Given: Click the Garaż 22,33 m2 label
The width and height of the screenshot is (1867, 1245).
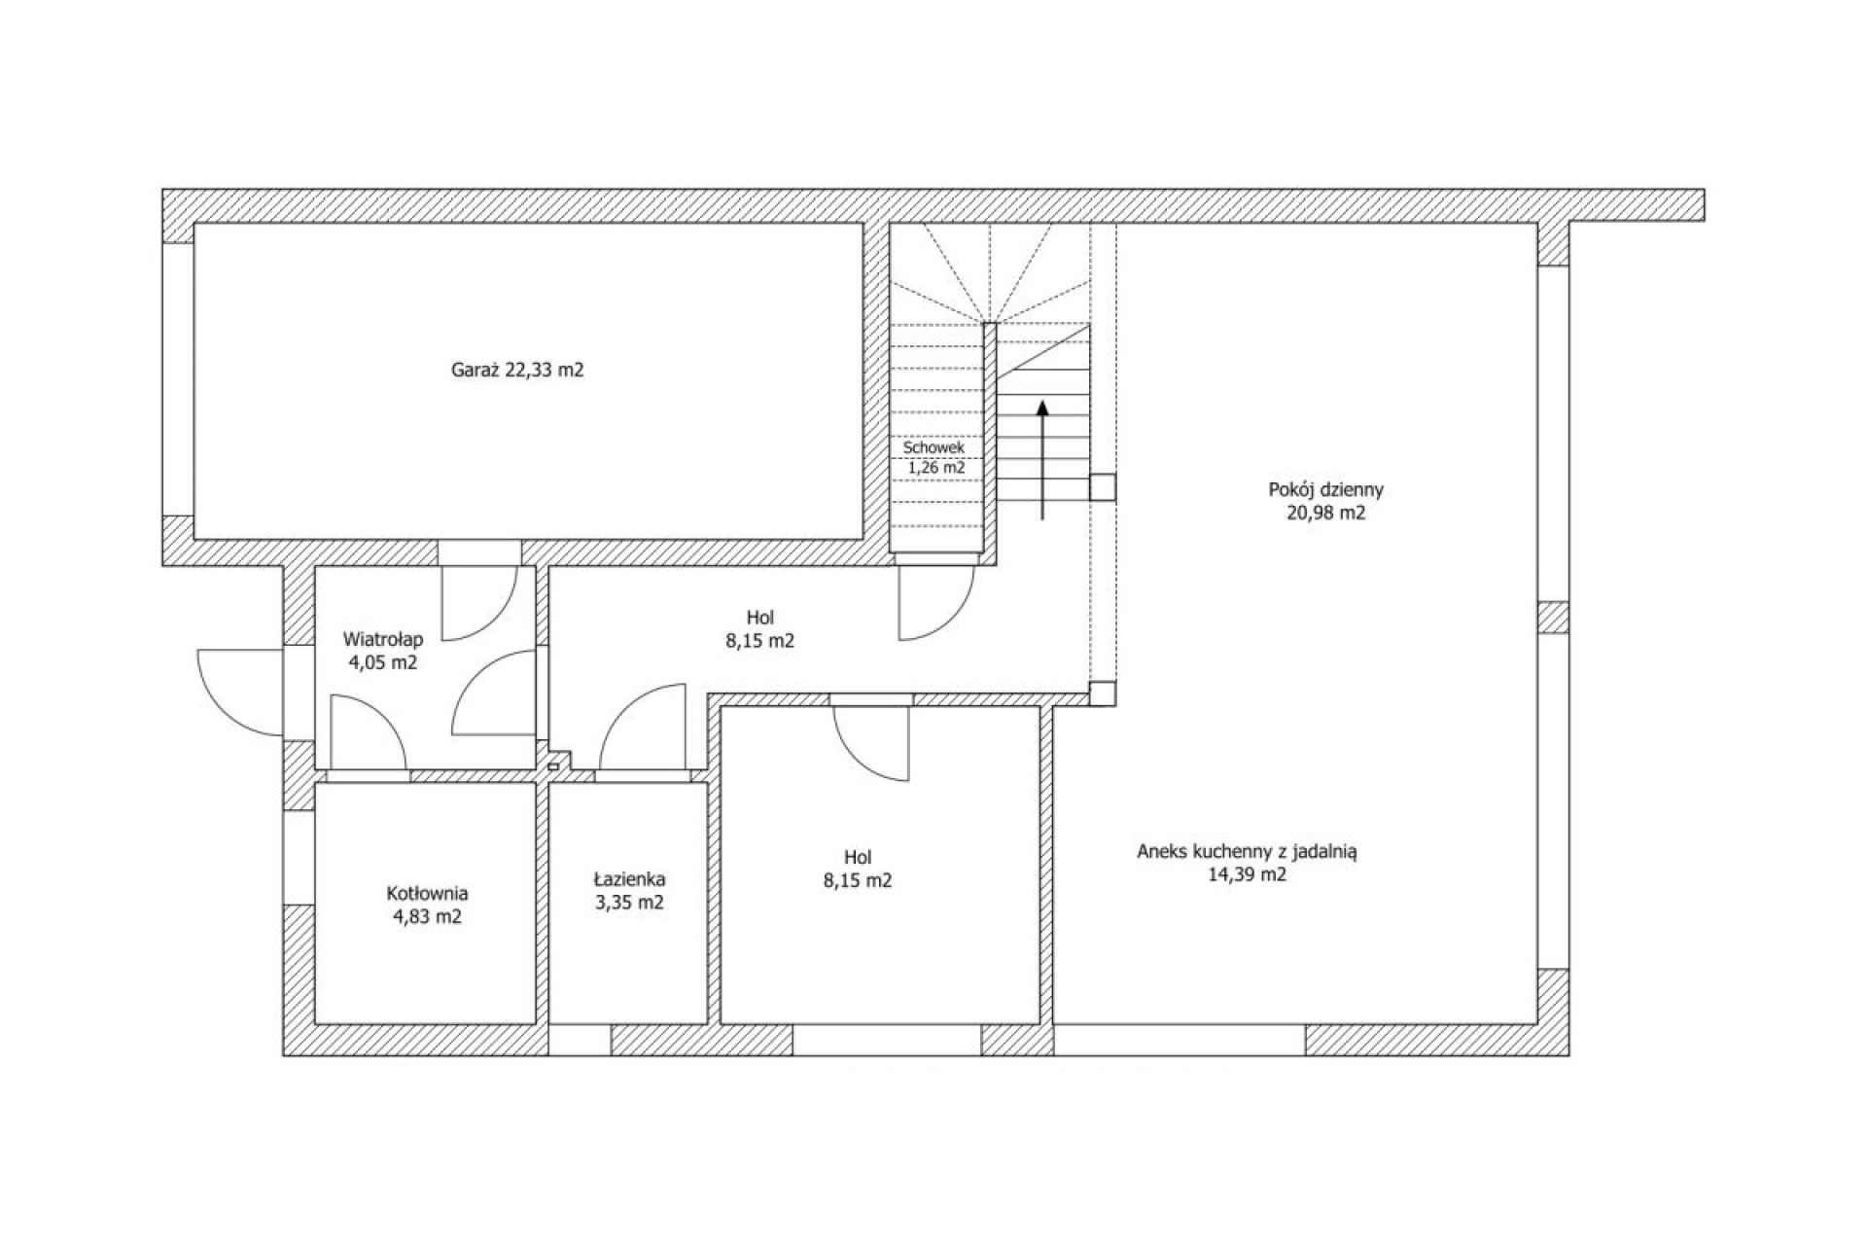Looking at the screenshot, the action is (x=517, y=371).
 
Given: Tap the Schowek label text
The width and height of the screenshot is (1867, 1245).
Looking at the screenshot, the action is (x=933, y=448).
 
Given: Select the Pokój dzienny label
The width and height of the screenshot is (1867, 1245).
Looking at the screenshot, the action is (x=1325, y=490).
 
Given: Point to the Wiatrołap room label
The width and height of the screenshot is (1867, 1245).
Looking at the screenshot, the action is (x=383, y=640).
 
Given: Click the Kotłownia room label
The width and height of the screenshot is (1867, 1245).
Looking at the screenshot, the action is (x=427, y=893).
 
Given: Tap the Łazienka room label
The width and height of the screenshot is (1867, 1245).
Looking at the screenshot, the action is (x=630, y=879).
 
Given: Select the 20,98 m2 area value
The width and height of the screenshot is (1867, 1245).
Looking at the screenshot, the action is (x=1325, y=514).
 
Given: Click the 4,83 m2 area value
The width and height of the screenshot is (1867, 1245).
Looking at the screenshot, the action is (x=427, y=916).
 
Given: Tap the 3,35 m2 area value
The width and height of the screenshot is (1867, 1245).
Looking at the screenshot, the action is (x=630, y=903).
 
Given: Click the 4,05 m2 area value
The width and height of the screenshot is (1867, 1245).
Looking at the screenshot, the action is (x=383, y=663).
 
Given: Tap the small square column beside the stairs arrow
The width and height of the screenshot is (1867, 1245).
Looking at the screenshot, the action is (x=1103, y=487).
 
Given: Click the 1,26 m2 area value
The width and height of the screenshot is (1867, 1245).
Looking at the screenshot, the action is (x=935, y=468).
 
